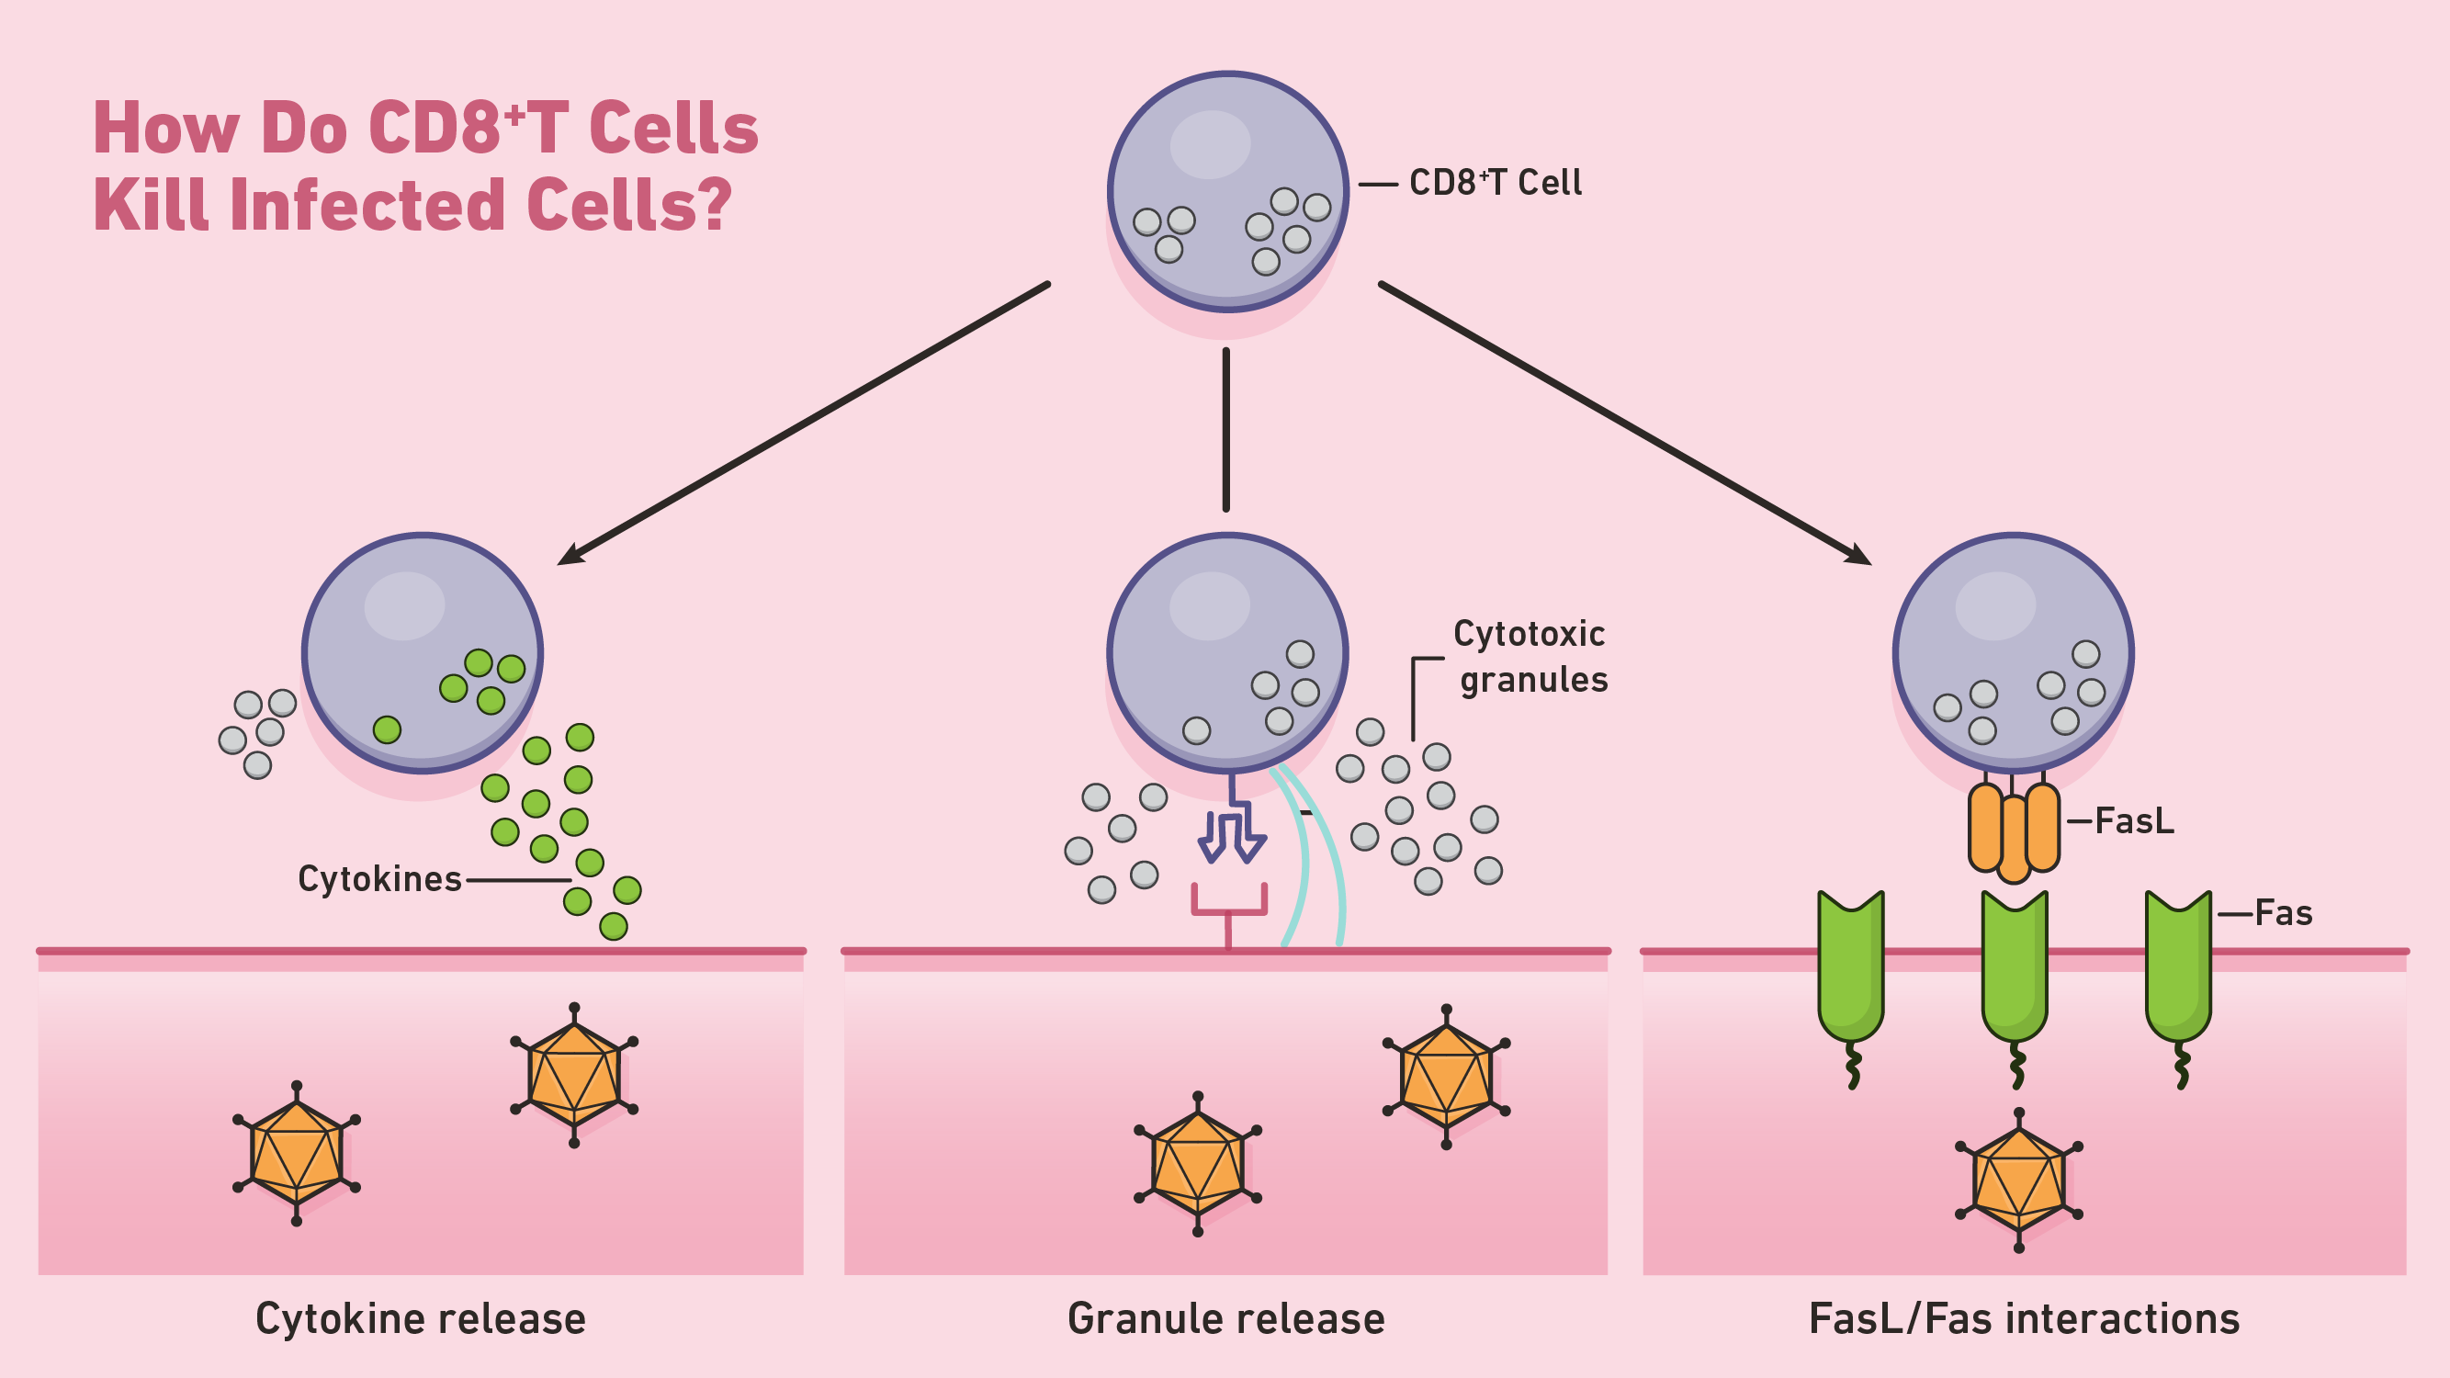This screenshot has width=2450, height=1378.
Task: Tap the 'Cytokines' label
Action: click(379, 879)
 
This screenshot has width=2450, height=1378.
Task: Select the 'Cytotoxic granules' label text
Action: click(1530, 656)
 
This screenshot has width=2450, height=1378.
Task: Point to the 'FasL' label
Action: click(2133, 820)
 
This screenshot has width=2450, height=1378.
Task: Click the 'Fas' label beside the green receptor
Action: click(2283, 913)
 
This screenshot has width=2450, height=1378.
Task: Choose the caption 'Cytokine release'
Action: click(421, 1319)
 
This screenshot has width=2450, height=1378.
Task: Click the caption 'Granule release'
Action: click(1225, 1319)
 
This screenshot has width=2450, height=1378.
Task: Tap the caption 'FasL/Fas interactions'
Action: click(2024, 1319)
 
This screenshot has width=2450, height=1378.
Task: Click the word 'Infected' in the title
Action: click(367, 205)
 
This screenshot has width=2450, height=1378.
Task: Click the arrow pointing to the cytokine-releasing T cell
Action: click(804, 424)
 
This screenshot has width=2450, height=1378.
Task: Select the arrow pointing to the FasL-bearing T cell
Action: click(1626, 424)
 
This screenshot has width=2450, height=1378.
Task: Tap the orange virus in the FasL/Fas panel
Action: click(2018, 1180)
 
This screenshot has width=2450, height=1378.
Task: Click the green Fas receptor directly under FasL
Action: click(2014, 966)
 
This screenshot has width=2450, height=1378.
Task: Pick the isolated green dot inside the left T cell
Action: click(387, 729)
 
